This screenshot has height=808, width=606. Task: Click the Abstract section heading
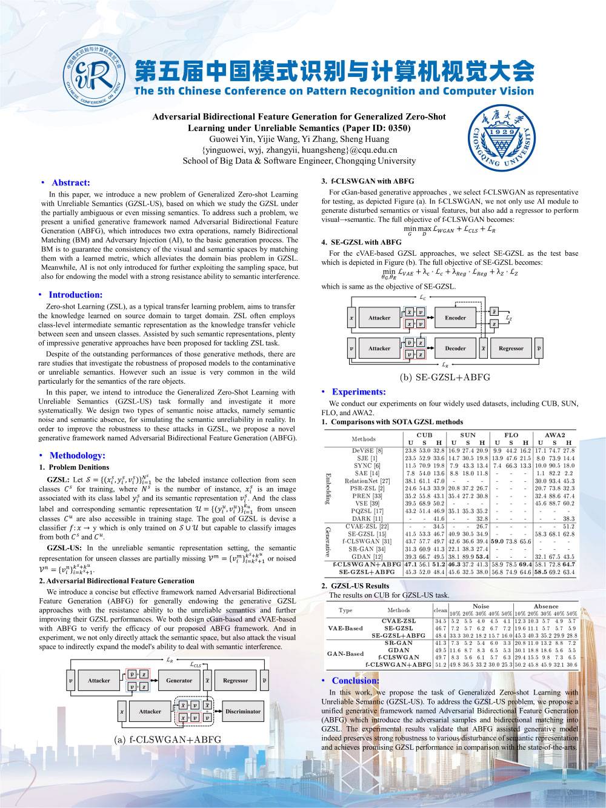tap(70, 182)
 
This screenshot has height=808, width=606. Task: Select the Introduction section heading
tap(76, 295)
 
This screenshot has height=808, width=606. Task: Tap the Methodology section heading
tap(77, 455)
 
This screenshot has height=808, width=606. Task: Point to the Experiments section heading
tap(358, 392)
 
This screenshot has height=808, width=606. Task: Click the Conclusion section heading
tap(355, 681)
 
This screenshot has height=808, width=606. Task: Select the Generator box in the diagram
tap(179, 680)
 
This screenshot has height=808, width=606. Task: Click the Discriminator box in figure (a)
tap(242, 711)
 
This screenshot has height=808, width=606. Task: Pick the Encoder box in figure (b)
tap(455, 318)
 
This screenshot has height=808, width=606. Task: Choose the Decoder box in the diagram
tap(455, 348)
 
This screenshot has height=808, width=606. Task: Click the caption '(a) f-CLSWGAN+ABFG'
tap(168, 740)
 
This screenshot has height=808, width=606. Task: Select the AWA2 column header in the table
tap(554, 435)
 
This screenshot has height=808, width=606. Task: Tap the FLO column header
tap(511, 435)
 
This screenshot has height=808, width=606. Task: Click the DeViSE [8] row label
tap(367, 450)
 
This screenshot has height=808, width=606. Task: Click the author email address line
tap(299, 150)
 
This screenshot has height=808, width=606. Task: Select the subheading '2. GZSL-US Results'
tap(355, 586)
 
